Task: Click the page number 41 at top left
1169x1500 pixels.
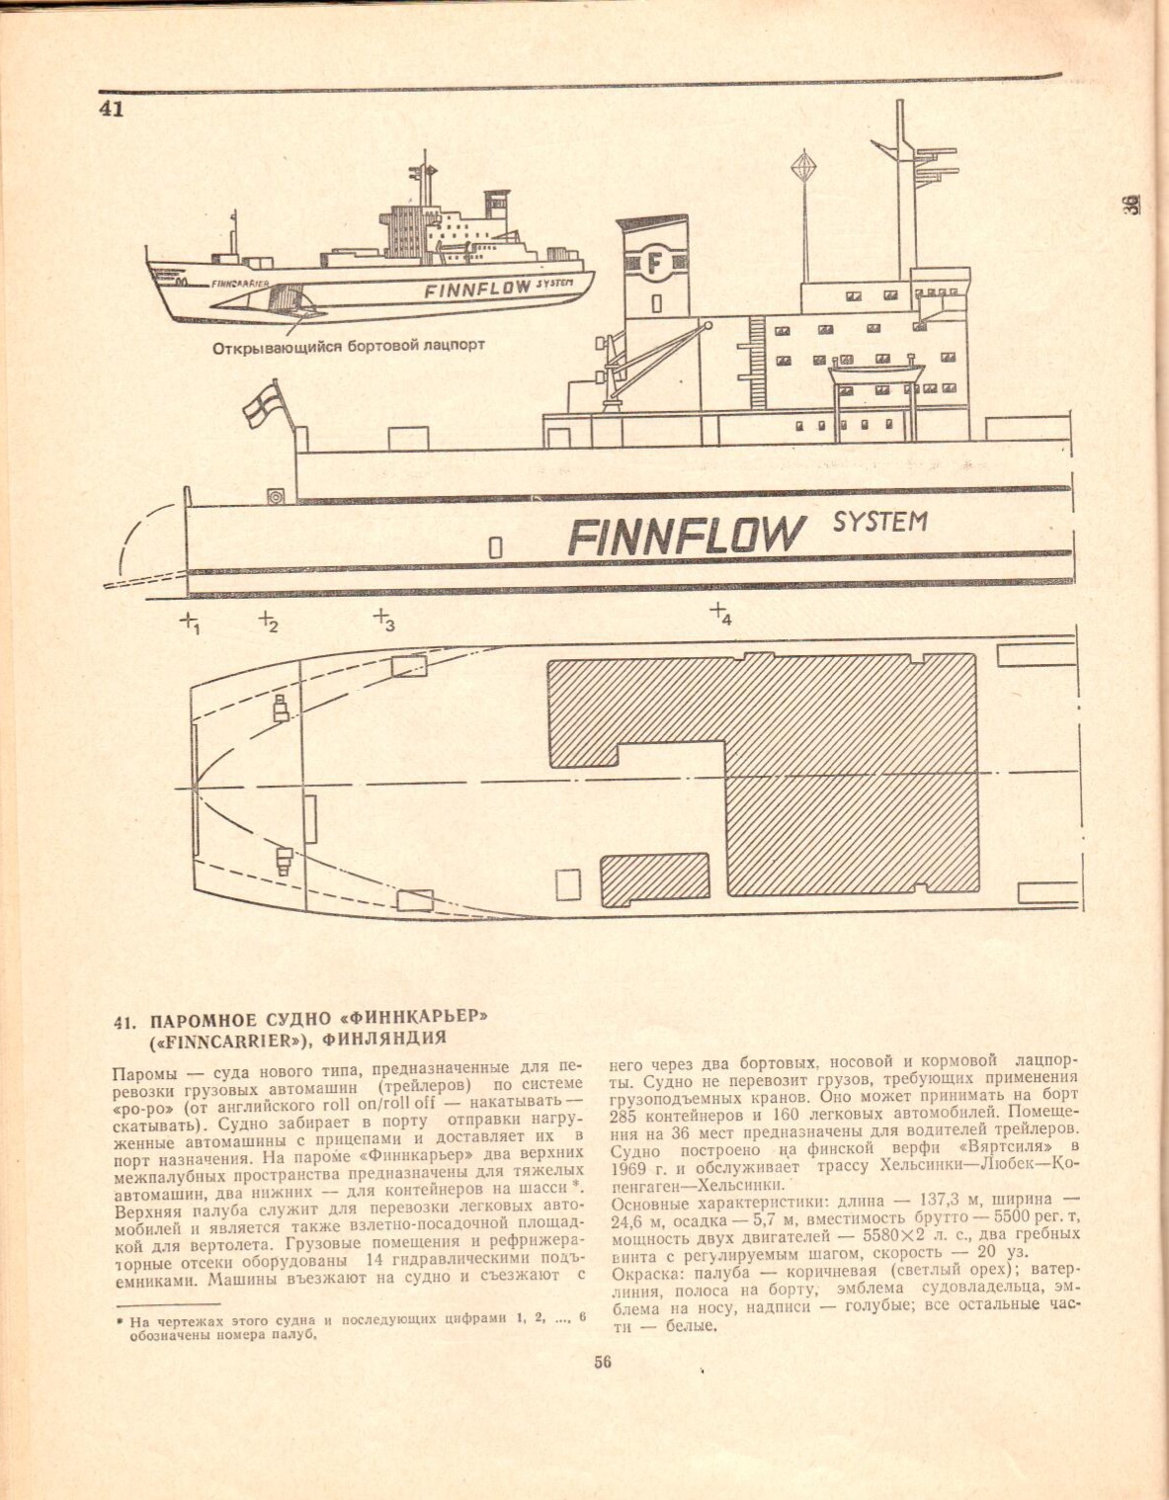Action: click(x=111, y=108)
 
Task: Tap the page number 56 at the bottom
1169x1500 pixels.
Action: click(x=603, y=1362)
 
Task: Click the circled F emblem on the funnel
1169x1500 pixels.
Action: click(x=653, y=264)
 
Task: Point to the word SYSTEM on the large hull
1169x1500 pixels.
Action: click(x=879, y=521)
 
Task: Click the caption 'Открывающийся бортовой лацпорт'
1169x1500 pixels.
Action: click(x=348, y=346)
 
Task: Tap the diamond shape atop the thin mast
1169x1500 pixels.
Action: click(x=803, y=164)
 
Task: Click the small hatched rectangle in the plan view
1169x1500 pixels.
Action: click(x=655, y=878)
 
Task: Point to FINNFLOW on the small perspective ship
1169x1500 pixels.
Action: click(x=478, y=289)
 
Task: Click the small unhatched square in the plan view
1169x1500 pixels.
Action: click(x=567, y=884)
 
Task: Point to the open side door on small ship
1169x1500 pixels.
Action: click(x=289, y=296)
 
